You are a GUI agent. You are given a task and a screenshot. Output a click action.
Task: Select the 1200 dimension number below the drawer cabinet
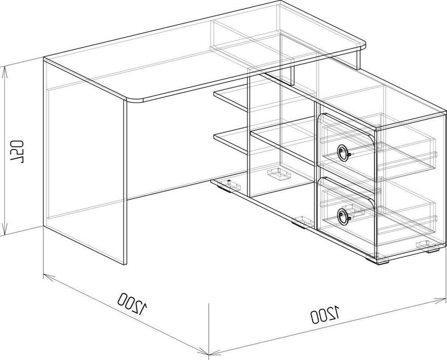[325, 314]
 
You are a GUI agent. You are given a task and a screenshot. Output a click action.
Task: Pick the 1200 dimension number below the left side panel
[133, 302]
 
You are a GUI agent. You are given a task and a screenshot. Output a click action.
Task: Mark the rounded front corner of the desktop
[134, 100]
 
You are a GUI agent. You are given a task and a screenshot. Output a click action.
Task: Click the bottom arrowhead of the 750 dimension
[4, 229]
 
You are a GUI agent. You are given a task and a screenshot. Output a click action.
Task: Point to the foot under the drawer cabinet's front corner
[378, 260]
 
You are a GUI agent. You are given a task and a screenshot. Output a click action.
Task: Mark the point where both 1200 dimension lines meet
[210, 356]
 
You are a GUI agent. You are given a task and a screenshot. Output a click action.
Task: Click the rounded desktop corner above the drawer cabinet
[362, 45]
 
